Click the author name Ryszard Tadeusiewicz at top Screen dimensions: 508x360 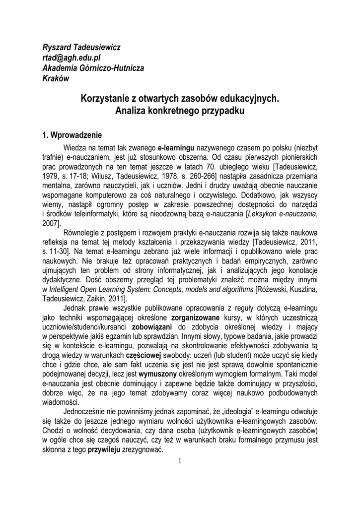[81, 48]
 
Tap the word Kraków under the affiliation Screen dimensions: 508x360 [55, 78]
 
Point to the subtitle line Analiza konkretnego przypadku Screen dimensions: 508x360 [180, 111]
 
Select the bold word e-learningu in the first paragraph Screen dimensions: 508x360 [176, 148]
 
